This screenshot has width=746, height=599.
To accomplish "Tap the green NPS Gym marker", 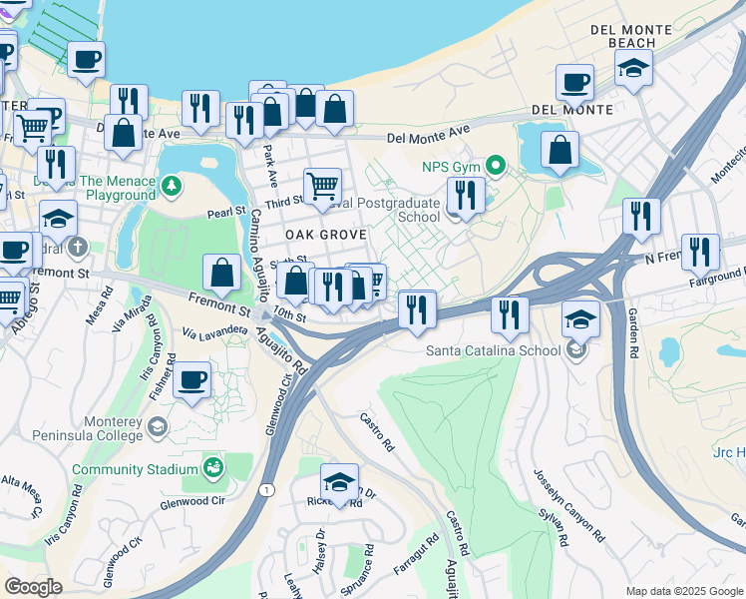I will click(x=495, y=166).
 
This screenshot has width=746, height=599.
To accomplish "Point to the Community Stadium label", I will click(x=135, y=469).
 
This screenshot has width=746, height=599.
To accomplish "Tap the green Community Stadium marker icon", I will click(x=212, y=467).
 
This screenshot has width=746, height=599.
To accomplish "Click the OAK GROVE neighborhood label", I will click(x=326, y=234).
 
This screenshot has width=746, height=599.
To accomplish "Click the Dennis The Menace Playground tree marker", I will click(x=172, y=186).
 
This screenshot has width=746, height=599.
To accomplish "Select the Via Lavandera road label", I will click(x=214, y=328).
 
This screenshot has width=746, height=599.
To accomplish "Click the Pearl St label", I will click(x=225, y=212).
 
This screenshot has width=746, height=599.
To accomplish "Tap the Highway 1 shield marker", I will click(x=265, y=489).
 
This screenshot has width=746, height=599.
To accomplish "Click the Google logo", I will click(x=34, y=587).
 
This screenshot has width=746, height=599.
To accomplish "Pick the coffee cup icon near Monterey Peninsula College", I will click(x=190, y=379).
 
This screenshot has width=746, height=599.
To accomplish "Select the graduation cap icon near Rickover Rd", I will click(x=339, y=481).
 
